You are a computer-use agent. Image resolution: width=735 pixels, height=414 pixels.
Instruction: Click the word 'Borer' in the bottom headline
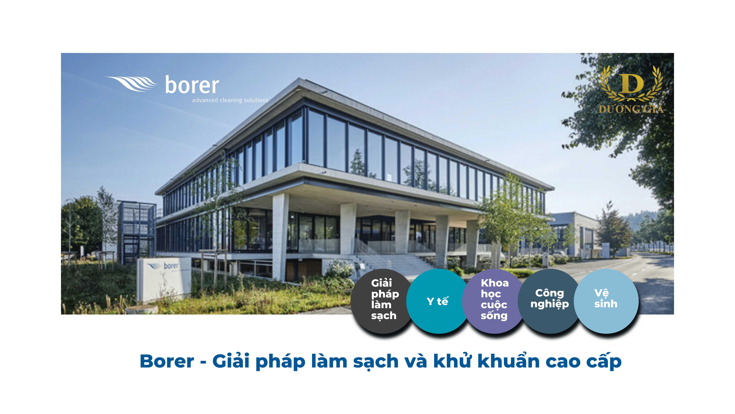167,361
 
